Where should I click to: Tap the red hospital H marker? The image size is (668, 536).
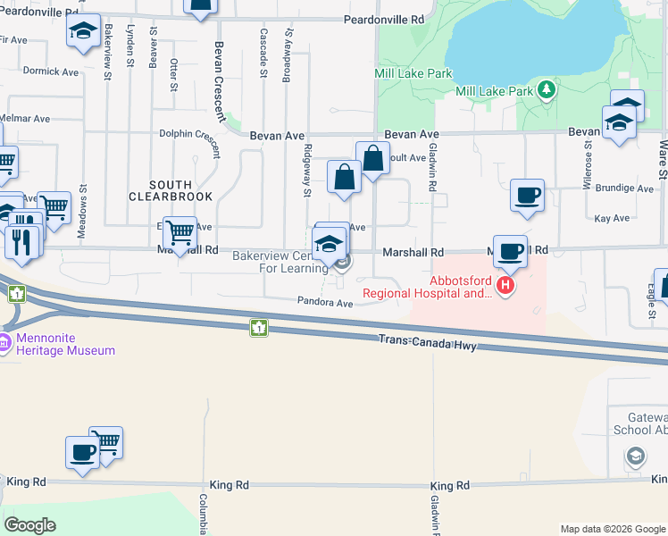click(505, 286)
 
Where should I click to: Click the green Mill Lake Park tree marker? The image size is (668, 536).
click(544, 90)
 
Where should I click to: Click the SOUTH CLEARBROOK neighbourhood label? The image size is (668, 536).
click(170, 189)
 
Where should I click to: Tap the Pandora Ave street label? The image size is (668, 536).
click(326, 303)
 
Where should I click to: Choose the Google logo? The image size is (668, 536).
click(29, 525)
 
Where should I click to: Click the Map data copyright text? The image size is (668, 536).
click(612, 529)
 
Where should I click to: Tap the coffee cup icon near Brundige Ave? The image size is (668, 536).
click(528, 195)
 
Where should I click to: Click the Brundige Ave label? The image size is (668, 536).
click(624, 188)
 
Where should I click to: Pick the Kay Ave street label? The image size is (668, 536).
click(612, 218)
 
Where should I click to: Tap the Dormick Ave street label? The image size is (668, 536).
click(51, 71)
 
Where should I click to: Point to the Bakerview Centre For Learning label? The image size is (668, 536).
click(280, 262)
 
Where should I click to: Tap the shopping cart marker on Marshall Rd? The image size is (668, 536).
click(180, 232)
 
